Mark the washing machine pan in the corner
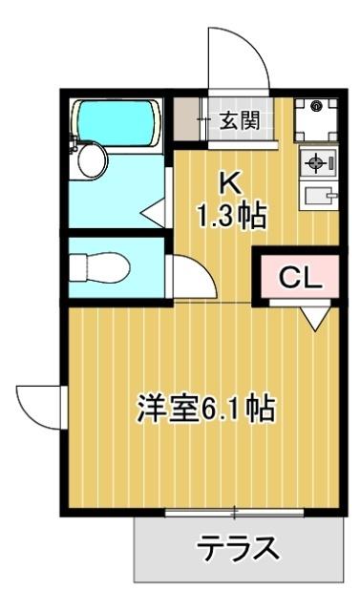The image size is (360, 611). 314,118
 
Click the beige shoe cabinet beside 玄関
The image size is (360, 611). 183,119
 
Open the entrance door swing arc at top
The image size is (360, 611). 235,57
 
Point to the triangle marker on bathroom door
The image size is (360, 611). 154,211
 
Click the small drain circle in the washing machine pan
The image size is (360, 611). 316,106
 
